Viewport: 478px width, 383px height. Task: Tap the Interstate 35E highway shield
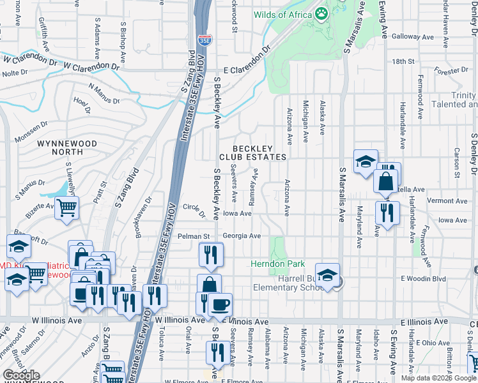(204, 40)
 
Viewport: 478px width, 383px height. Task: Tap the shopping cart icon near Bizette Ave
(67, 207)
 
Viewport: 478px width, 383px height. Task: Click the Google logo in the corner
(21, 375)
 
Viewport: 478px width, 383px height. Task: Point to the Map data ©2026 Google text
(438, 378)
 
